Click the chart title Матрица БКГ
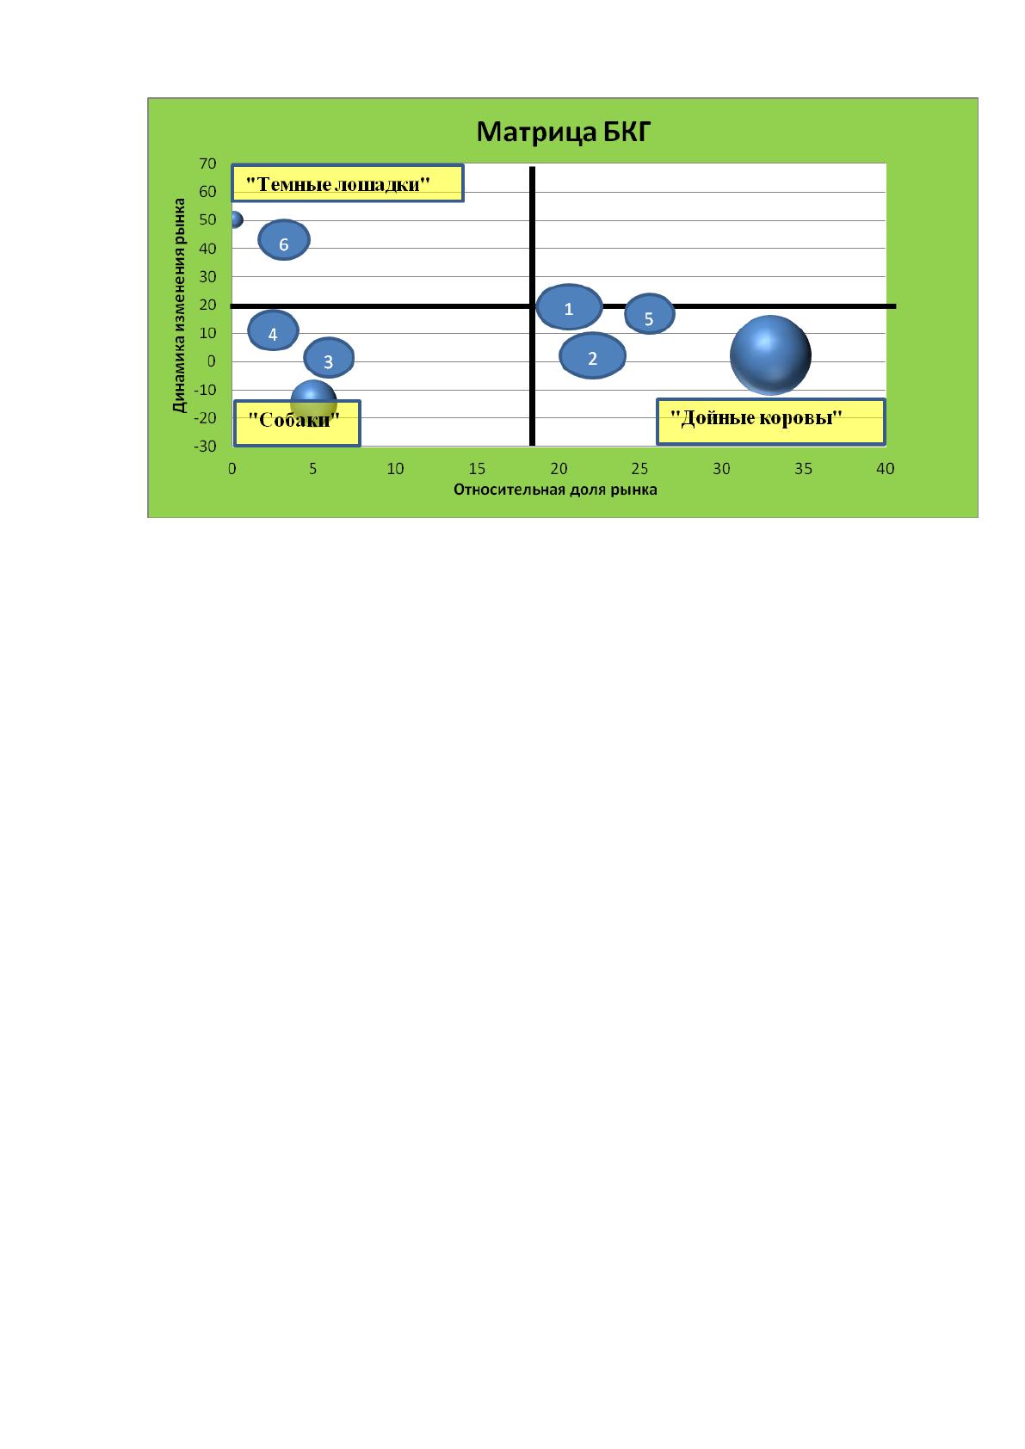[x=563, y=132]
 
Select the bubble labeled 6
[x=284, y=240]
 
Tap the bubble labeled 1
[x=570, y=307]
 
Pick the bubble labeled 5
[x=650, y=314]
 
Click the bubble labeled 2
[x=593, y=355]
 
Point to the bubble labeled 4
[x=273, y=330]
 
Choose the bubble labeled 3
[x=329, y=358]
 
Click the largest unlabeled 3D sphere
[x=770, y=355]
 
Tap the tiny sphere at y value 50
[x=236, y=220]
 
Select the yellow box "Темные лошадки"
[x=348, y=183]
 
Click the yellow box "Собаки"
[x=297, y=423]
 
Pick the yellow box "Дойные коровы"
[x=771, y=422]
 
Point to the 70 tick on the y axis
[x=207, y=163]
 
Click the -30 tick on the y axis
[x=205, y=447]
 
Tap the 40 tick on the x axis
[x=886, y=469]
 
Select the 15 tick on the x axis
[x=477, y=469]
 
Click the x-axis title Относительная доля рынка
[x=555, y=490]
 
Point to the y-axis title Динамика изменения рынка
[x=179, y=305]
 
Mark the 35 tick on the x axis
[x=803, y=469]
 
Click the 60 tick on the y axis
[x=207, y=192]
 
